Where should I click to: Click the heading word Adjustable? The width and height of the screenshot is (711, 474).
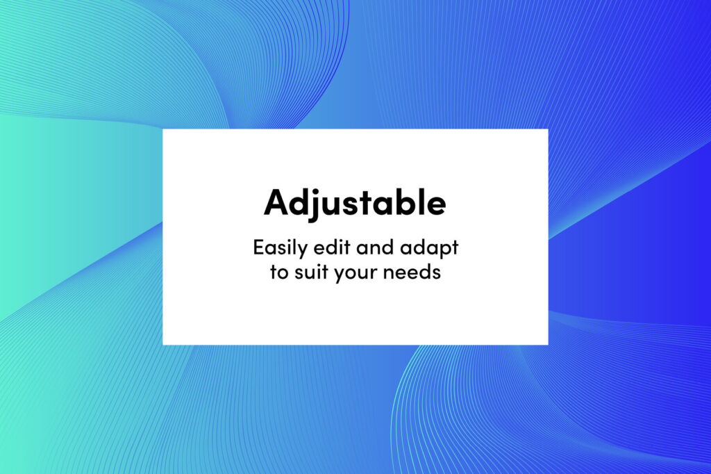(x=355, y=204)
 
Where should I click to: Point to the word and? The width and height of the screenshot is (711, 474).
(x=374, y=247)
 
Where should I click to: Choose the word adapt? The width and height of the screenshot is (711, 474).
(x=429, y=249)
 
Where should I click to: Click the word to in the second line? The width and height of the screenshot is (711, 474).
(x=279, y=272)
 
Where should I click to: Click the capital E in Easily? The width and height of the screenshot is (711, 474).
(x=258, y=247)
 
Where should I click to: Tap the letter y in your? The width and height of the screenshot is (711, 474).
(x=340, y=275)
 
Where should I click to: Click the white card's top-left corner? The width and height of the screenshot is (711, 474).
(x=162, y=129)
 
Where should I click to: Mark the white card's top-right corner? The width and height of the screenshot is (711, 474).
(x=548, y=129)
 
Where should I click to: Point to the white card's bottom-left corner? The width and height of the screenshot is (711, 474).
(x=162, y=345)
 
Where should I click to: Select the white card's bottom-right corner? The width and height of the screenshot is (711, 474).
(x=548, y=345)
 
